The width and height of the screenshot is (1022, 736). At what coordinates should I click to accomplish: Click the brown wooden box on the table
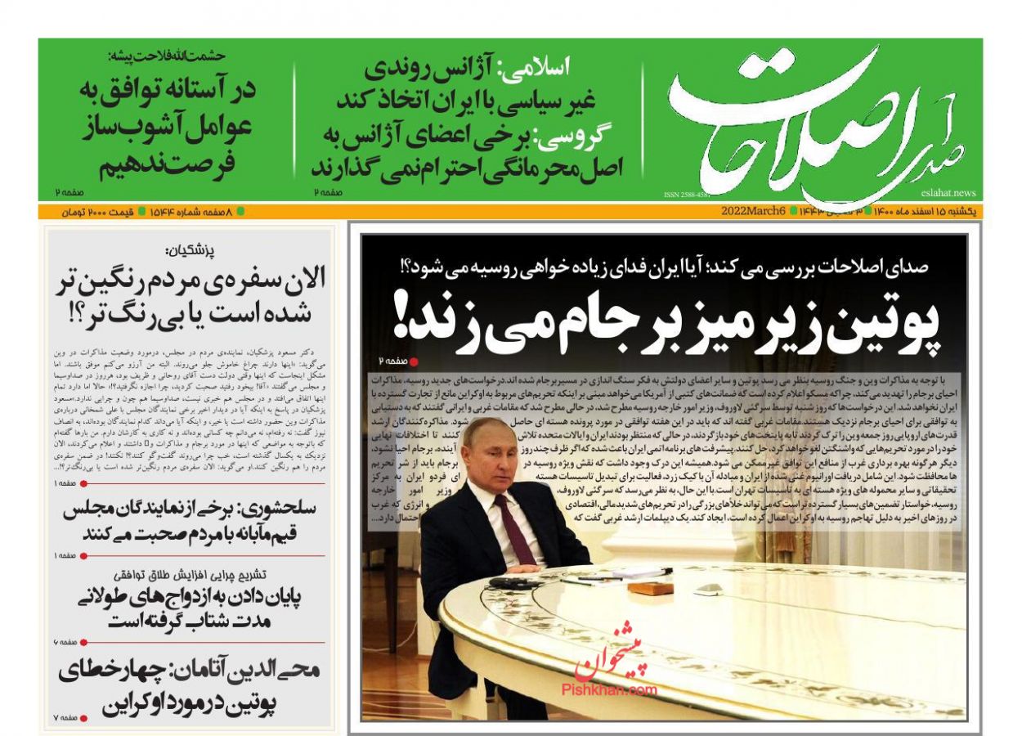click(651, 588)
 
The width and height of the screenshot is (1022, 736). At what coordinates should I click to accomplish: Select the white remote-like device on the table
click(708, 588)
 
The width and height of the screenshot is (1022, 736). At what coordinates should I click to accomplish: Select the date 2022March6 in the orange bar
click(754, 211)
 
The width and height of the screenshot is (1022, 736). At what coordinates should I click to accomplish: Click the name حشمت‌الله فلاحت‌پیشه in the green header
click(167, 56)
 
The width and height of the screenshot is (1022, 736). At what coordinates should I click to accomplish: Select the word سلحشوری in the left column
click(275, 508)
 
